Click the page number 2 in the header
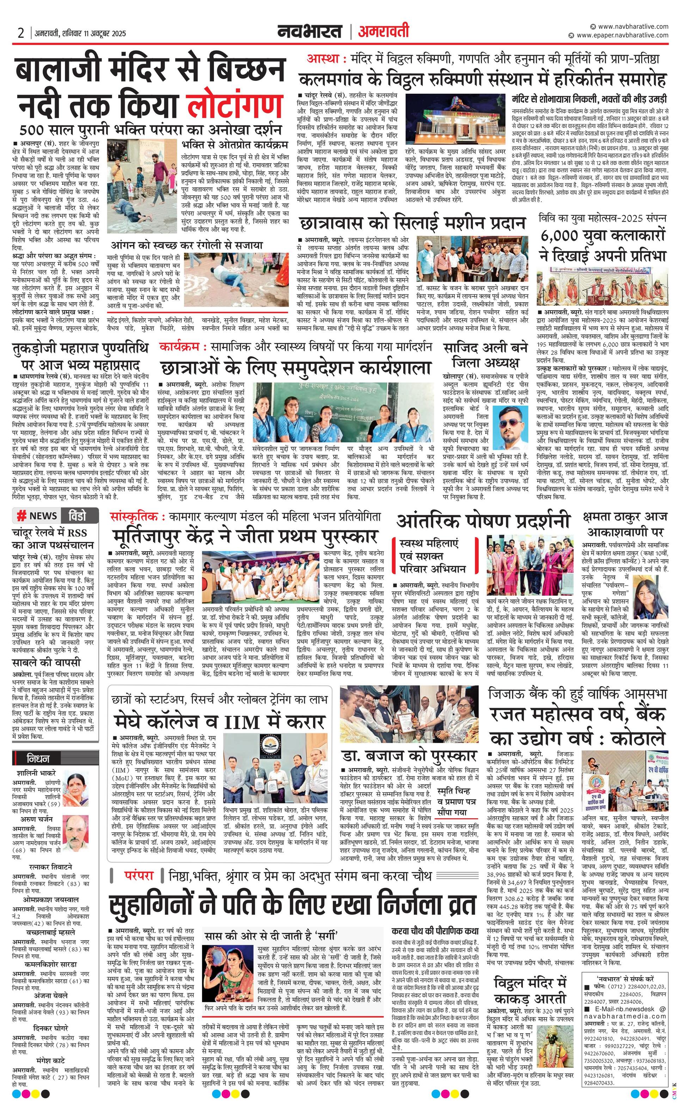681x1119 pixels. click(20, 33)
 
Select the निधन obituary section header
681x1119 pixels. click(38, 759)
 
